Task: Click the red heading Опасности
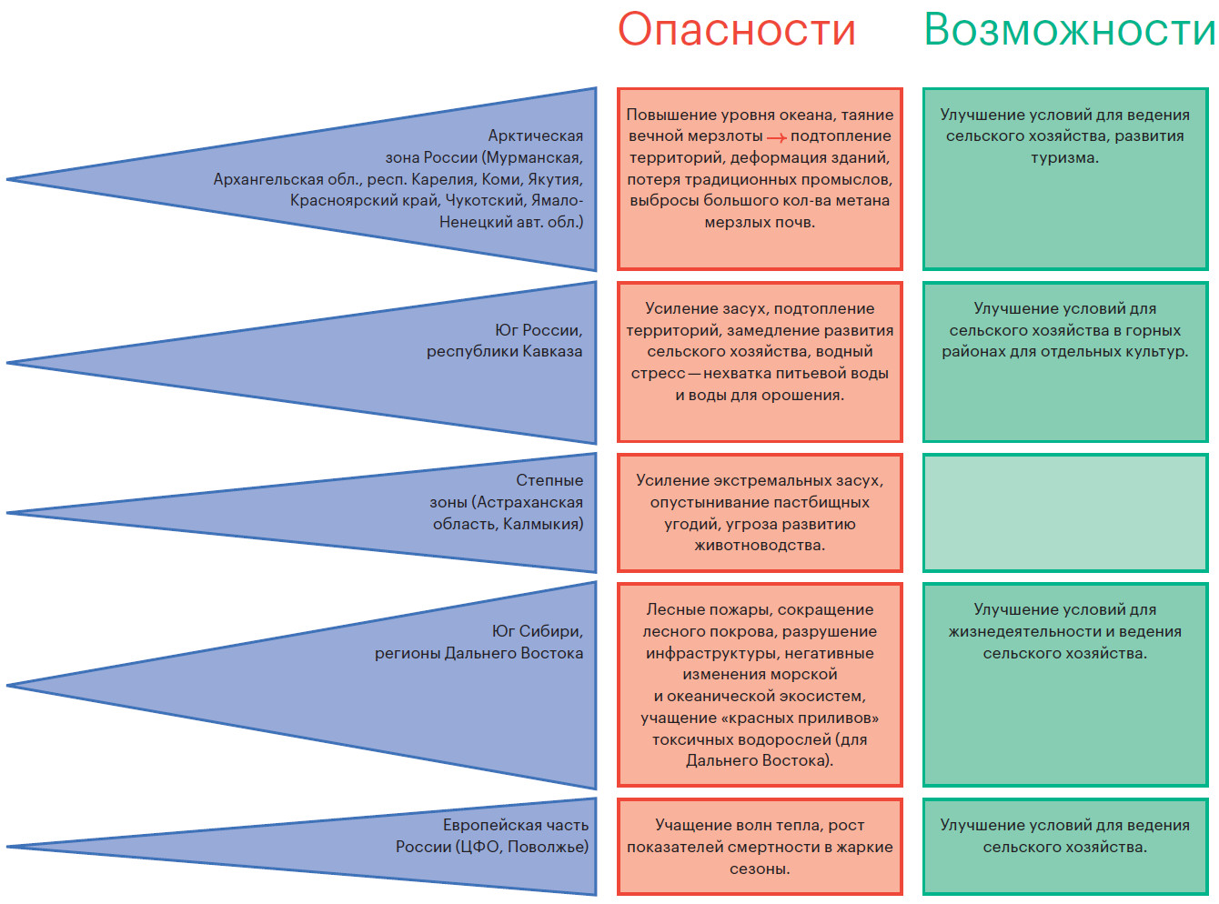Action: pyautogui.click(x=737, y=30)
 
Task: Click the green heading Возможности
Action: pyautogui.click(x=1070, y=30)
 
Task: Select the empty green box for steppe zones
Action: pyautogui.click(x=1065, y=513)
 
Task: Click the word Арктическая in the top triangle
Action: pyautogui.click(x=535, y=136)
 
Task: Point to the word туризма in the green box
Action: pyautogui.click(x=1064, y=157)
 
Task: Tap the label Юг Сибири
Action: pyautogui.click(x=537, y=631)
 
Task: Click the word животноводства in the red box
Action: pyautogui.click(x=759, y=546)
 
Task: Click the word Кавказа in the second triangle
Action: pyautogui.click(x=552, y=352)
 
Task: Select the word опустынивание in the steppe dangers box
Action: pyautogui.click(x=698, y=502)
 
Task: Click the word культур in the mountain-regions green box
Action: pyautogui.click(x=1155, y=352)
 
